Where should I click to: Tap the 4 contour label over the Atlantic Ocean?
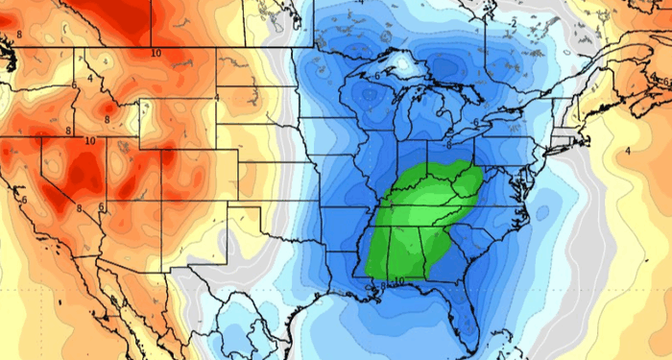627,150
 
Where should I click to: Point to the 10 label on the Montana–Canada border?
155,53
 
